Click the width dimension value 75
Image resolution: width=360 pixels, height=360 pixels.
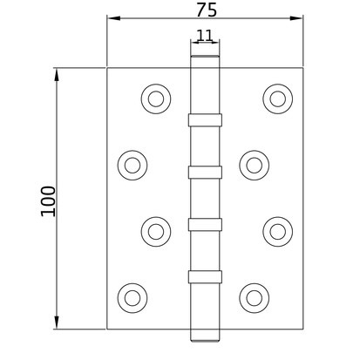[207, 10]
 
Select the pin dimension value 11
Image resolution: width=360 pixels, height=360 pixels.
[205, 35]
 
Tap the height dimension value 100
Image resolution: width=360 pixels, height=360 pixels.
[48, 201]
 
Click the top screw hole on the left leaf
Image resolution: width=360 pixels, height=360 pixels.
[156, 98]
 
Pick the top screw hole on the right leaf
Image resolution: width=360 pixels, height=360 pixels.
[278, 98]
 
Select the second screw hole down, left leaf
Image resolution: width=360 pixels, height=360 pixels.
[132, 166]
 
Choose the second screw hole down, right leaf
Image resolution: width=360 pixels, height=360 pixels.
[255, 166]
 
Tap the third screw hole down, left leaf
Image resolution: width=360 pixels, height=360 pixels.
[156, 232]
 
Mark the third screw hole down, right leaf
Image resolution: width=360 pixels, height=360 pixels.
[278, 232]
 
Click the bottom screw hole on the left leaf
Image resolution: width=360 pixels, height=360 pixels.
[132, 298]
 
